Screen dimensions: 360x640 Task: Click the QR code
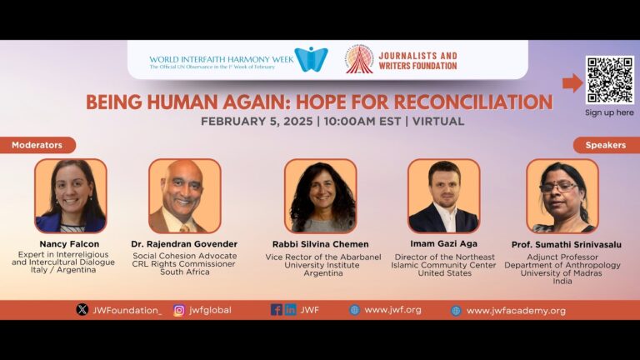pos(609,80)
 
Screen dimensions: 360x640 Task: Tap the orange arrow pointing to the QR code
pos(572,82)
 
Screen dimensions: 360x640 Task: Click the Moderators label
pos(37,145)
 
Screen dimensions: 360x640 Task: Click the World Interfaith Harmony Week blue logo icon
pos(311,60)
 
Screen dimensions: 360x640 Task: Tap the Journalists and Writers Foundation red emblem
pos(360,60)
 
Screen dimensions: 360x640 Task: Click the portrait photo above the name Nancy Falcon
pos(70,196)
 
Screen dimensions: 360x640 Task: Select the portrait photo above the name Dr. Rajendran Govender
pos(184,196)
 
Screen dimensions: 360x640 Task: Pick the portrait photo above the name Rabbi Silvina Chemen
pos(320,196)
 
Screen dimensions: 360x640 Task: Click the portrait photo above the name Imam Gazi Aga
pos(443,196)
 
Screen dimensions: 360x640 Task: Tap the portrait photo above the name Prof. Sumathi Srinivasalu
pos(562,196)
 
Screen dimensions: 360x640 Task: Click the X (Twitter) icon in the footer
pos(82,310)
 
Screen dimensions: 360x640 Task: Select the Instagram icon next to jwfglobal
pos(178,310)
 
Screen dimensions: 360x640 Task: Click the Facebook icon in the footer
pos(276,310)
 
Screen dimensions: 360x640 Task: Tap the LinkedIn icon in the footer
pos(290,310)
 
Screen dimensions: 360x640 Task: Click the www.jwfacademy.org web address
pos(516,311)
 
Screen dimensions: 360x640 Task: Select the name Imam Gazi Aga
pos(443,244)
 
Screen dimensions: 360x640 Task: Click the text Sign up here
pos(609,112)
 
